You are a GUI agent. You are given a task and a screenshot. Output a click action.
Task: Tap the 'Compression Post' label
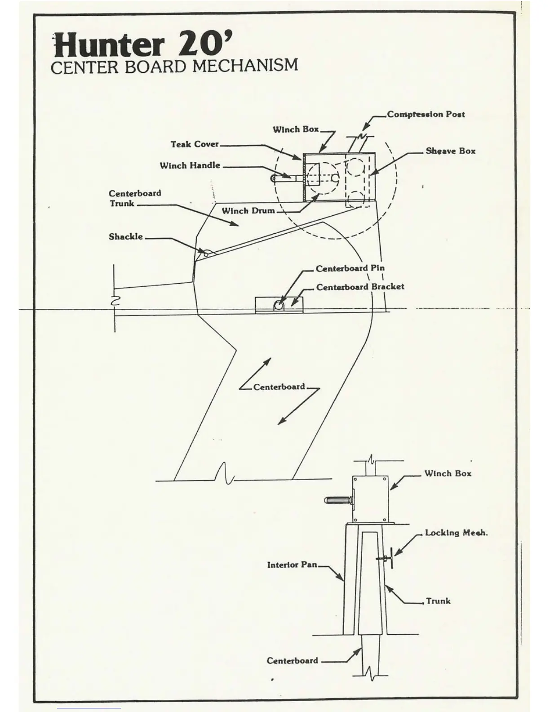pyautogui.click(x=426, y=114)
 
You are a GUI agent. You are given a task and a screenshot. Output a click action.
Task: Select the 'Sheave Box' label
pyautogui.click(x=450, y=151)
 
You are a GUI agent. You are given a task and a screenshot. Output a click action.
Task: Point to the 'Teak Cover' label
pyautogui.click(x=194, y=144)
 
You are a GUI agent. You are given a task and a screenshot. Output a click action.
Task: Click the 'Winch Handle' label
pyautogui.click(x=190, y=165)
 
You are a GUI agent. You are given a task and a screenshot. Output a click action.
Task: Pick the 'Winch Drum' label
pyautogui.click(x=248, y=210)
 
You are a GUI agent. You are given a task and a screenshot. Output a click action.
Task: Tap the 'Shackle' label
pyautogui.click(x=125, y=236)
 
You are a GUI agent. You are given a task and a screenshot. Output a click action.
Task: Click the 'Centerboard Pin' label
pyautogui.click(x=350, y=268)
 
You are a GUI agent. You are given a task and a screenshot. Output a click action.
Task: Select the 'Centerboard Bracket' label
pyautogui.click(x=360, y=287)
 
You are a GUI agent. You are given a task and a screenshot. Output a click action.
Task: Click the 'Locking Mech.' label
pyautogui.click(x=456, y=533)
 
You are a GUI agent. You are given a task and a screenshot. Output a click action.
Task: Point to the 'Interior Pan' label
pyautogui.click(x=292, y=565)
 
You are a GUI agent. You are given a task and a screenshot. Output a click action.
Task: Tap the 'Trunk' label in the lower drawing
pyautogui.click(x=438, y=601)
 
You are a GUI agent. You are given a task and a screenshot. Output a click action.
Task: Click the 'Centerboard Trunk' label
pyautogui.click(x=134, y=198)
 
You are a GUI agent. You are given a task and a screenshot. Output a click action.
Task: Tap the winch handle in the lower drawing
pyautogui.click(x=337, y=500)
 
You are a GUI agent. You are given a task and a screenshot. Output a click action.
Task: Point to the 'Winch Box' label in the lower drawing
pyautogui.click(x=448, y=473)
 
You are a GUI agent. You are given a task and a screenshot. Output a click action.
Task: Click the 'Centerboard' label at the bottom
pyautogui.click(x=292, y=661)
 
